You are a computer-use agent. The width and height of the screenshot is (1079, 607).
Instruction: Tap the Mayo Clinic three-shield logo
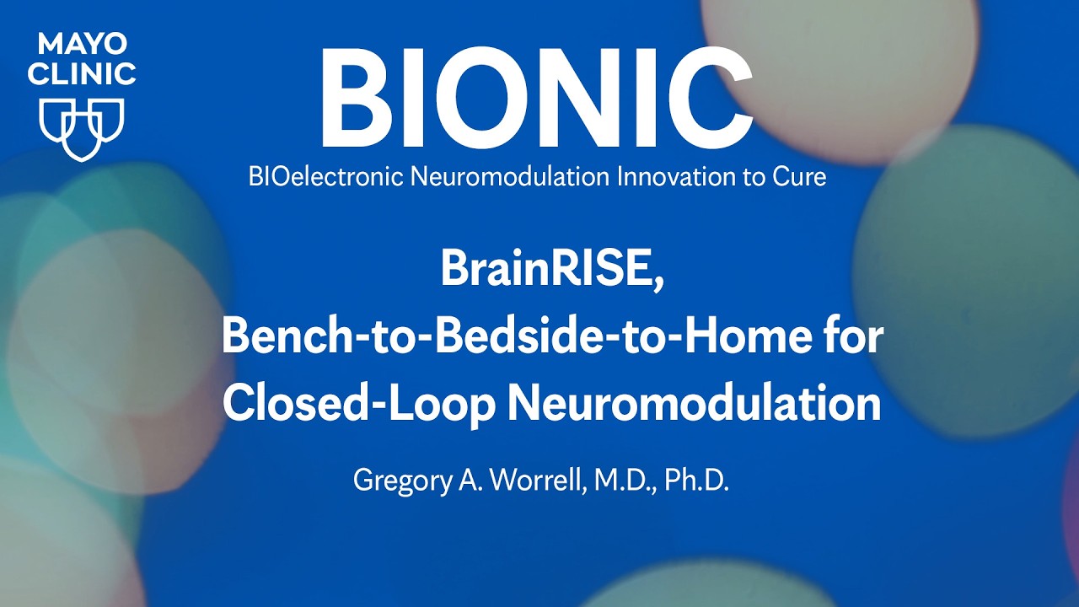point(82,128)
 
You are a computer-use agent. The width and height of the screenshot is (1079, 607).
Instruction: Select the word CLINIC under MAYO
point(81,73)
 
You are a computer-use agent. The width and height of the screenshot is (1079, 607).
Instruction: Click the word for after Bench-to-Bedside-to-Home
point(852,338)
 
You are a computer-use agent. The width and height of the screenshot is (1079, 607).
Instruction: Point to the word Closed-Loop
point(357,404)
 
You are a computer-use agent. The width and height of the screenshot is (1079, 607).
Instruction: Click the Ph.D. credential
point(695,480)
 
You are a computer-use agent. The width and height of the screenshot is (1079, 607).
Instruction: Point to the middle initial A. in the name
point(461,480)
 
